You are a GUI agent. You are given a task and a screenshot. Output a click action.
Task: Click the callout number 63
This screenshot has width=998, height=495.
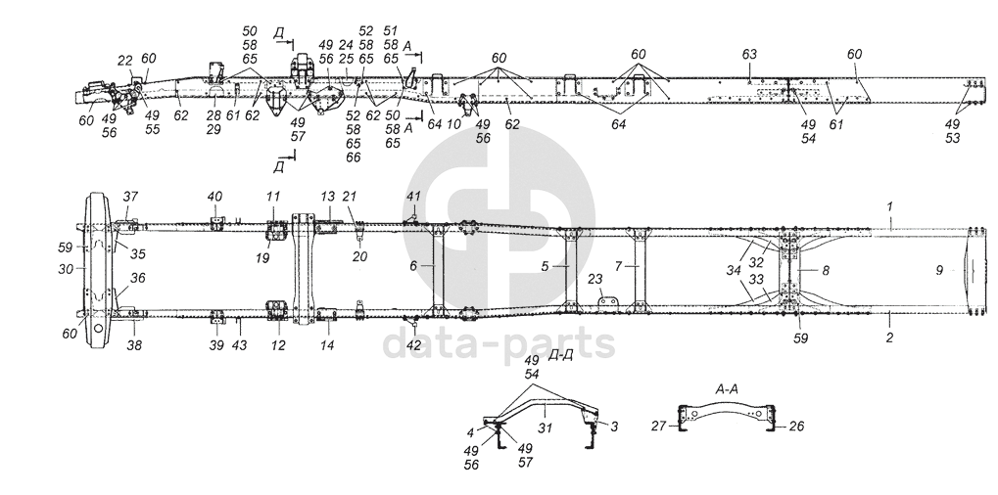(x=749, y=52)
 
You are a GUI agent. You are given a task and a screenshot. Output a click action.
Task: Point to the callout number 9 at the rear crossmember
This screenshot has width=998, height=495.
(x=938, y=271)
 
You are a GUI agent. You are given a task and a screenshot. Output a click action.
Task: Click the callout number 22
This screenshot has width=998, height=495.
(x=124, y=61)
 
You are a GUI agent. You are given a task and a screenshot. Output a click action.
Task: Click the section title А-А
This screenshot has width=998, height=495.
(x=726, y=388)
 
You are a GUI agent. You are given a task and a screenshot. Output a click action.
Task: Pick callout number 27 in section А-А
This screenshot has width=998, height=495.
(x=659, y=426)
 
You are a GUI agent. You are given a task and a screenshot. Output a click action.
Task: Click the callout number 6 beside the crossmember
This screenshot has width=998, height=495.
(x=412, y=266)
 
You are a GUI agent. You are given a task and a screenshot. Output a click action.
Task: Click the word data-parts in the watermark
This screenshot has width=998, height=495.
(x=498, y=343)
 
